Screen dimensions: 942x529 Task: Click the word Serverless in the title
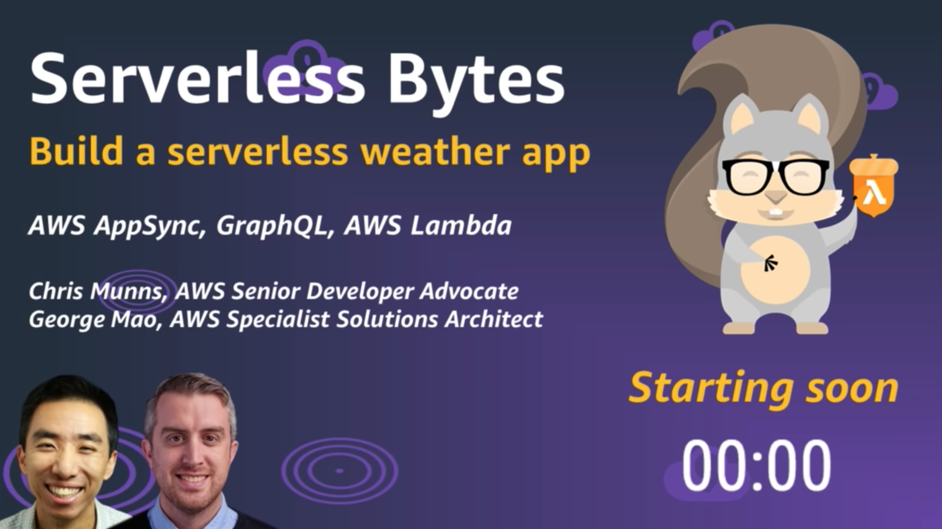click(197, 79)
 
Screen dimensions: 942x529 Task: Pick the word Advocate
click(469, 291)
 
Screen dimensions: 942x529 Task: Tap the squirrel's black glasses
click(776, 176)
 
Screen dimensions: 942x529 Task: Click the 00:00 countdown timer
click(756, 466)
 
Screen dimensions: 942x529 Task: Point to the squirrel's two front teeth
click(777, 212)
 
